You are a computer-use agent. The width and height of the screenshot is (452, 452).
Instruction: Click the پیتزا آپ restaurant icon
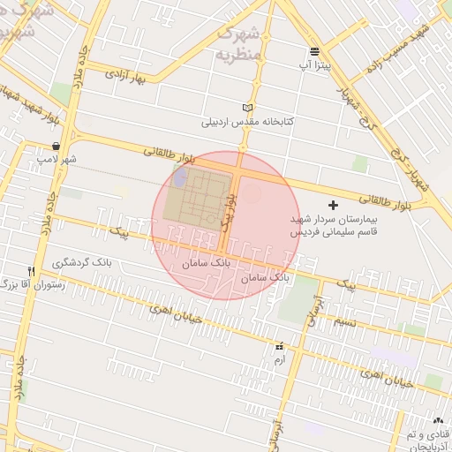pyautogui.click(x=314, y=51)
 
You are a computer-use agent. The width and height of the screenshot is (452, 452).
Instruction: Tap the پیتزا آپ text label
pyautogui.click(x=314, y=65)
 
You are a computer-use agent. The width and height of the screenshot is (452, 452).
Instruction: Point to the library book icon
pyautogui.click(x=246, y=107)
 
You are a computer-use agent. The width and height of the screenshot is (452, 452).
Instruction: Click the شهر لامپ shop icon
pyautogui.click(x=56, y=147)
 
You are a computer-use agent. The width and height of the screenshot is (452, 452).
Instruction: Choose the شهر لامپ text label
pyautogui.click(x=56, y=160)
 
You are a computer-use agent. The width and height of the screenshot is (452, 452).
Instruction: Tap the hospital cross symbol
pyautogui.click(x=332, y=205)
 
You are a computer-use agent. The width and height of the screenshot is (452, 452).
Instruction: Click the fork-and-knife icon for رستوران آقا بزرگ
pyautogui.click(x=32, y=271)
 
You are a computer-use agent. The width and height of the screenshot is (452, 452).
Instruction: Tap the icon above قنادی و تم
pyautogui.click(x=438, y=420)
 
